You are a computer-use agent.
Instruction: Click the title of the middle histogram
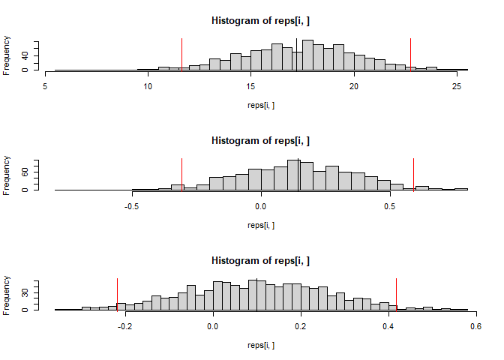point(260,140)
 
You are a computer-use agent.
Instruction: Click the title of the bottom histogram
point(260,260)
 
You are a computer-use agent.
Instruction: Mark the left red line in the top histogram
point(181,55)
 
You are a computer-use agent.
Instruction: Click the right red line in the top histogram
point(410,55)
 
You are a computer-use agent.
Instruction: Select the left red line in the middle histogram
point(182,174)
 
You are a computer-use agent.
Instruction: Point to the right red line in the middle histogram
point(413,174)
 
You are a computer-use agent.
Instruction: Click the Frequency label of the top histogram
point(7,55)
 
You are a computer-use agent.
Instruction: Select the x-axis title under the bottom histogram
point(260,345)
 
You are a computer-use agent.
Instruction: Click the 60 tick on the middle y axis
point(27,172)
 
